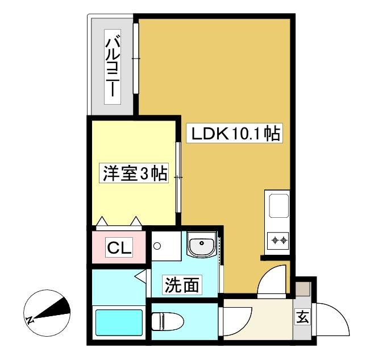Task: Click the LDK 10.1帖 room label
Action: pyautogui.click(x=235, y=133)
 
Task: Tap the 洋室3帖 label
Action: pyautogui.click(x=134, y=173)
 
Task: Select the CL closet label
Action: pyautogui.click(x=119, y=247)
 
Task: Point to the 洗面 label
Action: pyautogui.click(x=182, y=285)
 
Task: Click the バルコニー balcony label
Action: pyautogui.click(x=113, y=67)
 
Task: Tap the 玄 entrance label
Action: pyautogui.click(x=302, y=317)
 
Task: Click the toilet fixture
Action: pyautogui.click(x=167, y=321)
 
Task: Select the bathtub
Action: pyautogui.click(x=119, y=322)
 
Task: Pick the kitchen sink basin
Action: pyautogui.click(x=279, y=205)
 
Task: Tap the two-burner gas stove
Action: pyautogui.click(x=278, y=240)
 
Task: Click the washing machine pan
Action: pyautogui.click(x=166, y=246)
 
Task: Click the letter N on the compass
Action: pyautogui.click(x=30, y=320)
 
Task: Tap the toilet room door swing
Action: pyautogui.click(x=236, y=322)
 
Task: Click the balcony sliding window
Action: pyautogui.click(x=136, y=59)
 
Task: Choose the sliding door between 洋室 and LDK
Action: pyautogui.click(x=178, y=177)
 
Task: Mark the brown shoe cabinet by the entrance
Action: pyautogui.click(x=303, y=289)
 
